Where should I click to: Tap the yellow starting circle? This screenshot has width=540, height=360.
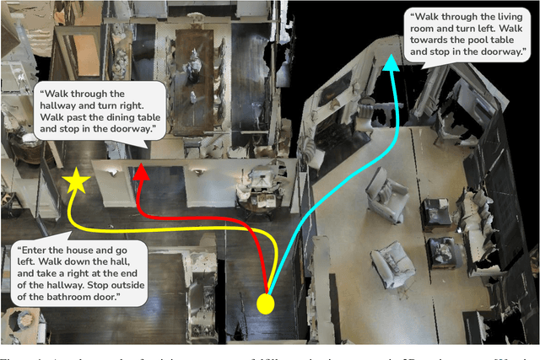click(x=266, y=304)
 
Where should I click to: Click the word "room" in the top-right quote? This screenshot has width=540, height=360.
click(x=423, y=27)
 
